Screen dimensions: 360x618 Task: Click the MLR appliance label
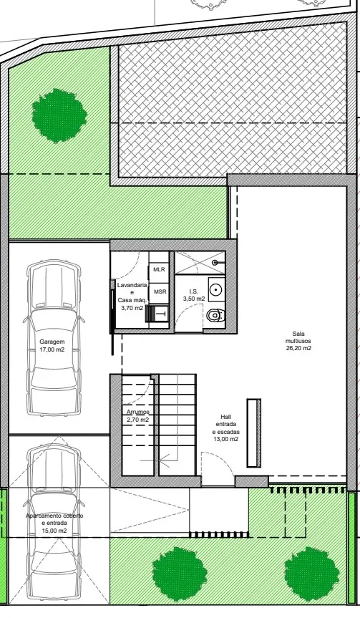[x=159, y=269]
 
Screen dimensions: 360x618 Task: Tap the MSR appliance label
[x=160, y=291]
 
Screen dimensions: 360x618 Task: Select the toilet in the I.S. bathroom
[x=215, y=315]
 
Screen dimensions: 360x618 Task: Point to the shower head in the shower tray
[x=215, y=261]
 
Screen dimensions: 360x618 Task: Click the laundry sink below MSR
[x=161, y=314]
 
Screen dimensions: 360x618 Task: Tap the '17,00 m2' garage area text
[x=52, y=349]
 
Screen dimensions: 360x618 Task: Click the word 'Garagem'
[x=52, y=342]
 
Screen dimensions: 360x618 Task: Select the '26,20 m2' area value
[x=299, y=348]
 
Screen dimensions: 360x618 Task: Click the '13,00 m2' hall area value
[x=225, y=439]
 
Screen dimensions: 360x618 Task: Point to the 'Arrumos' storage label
[x=138, y=412]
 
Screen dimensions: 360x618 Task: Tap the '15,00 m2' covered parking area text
[x=54, y=531]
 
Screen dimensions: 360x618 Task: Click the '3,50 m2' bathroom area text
[x=194, y=299]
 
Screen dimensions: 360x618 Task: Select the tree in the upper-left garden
[x=59, y=115]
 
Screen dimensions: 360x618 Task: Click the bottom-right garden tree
[x=312, y=574]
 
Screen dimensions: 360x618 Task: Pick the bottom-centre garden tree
[x=179, y=574]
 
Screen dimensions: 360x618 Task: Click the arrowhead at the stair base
[x=164, y=460]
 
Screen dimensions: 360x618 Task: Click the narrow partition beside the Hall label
[x=253, y=433]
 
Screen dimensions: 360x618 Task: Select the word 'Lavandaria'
[x=132, y=285]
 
